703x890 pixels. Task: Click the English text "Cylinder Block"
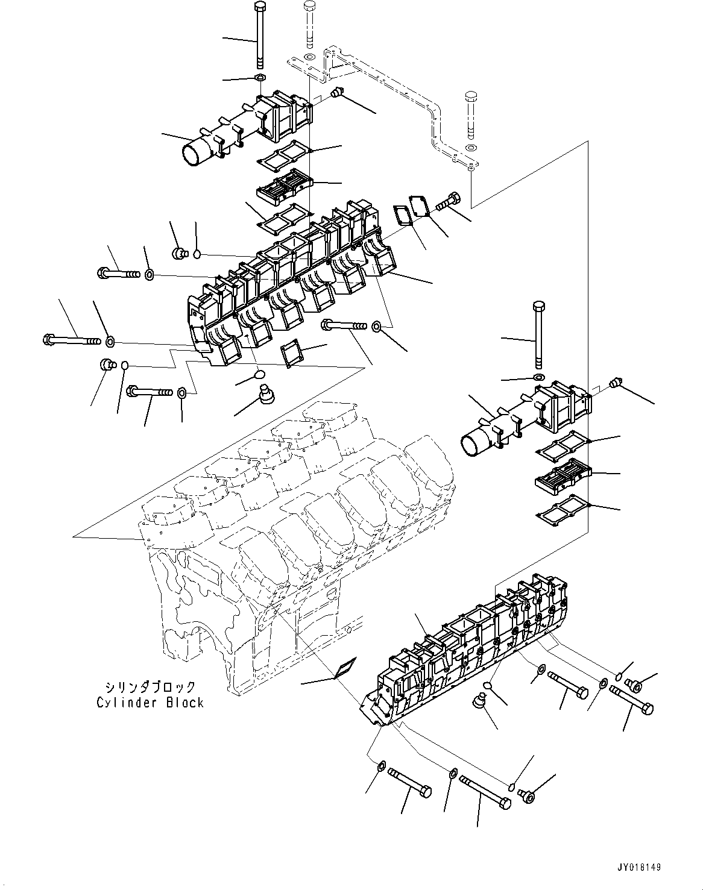[150, 703]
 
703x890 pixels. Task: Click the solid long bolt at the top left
[260, 36]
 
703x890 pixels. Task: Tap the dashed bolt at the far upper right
[471, 114]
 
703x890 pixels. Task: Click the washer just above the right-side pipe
[537, 378]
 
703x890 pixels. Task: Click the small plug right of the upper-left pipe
[336, 93]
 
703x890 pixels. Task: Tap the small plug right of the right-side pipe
[615, 383]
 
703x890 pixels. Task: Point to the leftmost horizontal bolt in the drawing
[71, 341]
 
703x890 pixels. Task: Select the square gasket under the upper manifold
[293, 354]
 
